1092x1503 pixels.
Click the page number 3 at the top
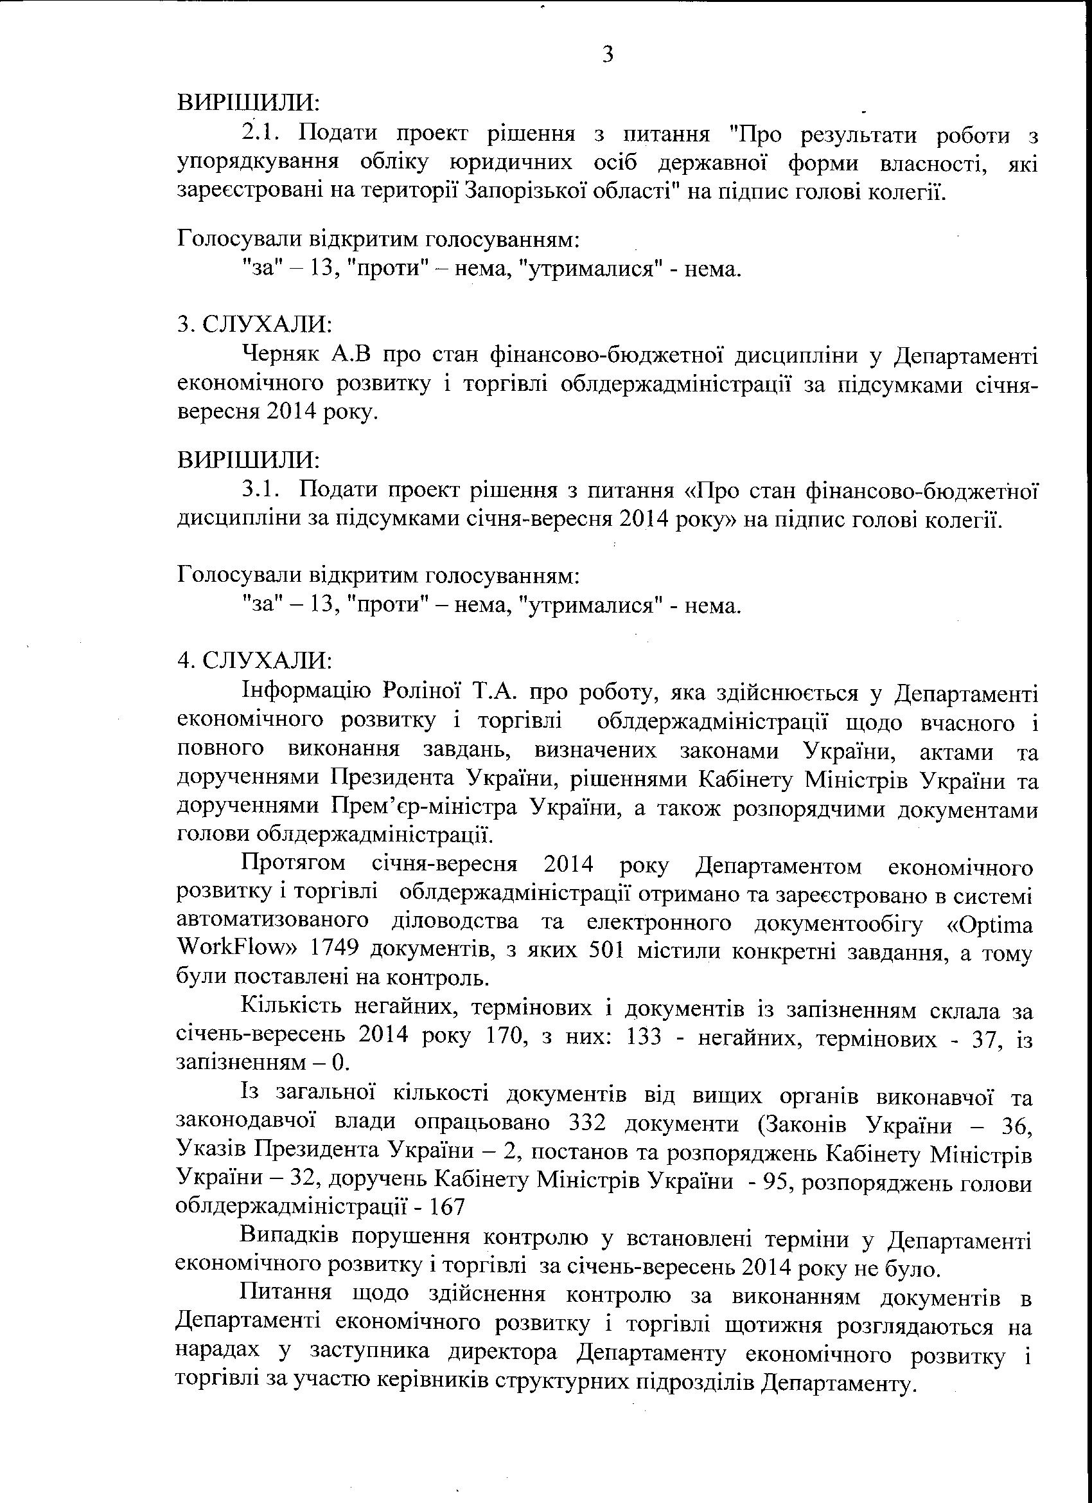[x=608, y=55]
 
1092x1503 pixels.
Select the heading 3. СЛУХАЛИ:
[x=254, y=324]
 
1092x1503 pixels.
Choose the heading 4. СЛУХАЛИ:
[x=254, y=661]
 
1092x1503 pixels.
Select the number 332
[x=588, y=1124]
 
